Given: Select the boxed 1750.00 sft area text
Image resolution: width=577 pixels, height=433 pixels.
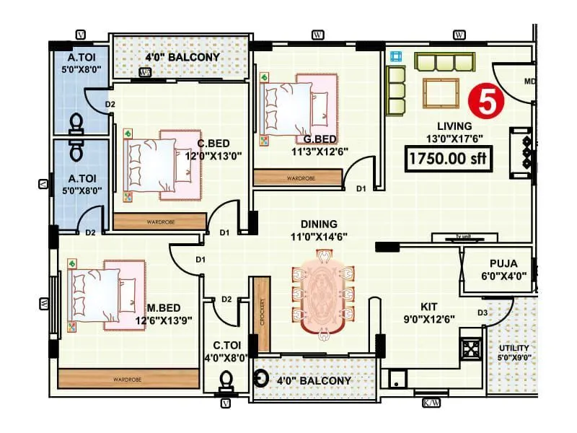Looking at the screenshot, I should point(448,159).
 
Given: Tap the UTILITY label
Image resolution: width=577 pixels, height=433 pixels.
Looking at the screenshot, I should point(514,348).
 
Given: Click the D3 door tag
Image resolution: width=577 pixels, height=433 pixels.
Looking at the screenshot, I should point(483,312).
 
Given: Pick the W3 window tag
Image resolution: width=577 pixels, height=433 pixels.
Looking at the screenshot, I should point(145,72).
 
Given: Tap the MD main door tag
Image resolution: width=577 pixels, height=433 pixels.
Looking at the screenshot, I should point(529,81).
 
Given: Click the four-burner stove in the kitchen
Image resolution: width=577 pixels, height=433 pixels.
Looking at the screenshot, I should point(472,350).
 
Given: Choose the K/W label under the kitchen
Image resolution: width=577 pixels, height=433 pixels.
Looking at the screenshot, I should point(431,402).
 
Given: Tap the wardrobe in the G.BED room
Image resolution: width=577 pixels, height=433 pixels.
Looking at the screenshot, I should point(297,178).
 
